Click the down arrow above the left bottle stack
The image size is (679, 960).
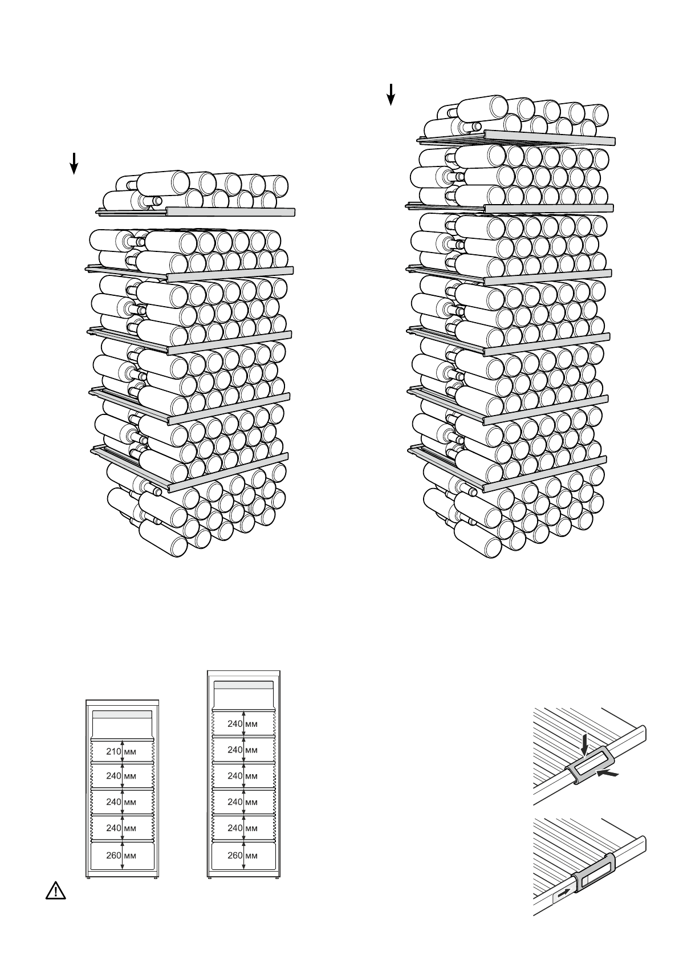[x=74, y=163]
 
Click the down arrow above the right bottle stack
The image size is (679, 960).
[x=391, y=94]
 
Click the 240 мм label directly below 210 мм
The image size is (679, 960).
[x=121, y=776]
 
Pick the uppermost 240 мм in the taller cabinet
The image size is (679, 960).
[x=243, y=724]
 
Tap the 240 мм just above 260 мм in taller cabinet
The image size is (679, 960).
[x=243, y=828]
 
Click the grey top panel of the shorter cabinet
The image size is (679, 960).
[x=123, y=714]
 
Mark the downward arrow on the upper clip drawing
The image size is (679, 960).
[x=585, y=745]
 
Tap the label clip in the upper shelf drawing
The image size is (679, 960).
[x=591, y=765]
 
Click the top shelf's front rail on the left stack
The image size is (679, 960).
[x=231, y=212]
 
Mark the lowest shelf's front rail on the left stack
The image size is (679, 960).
[x=228, y=472]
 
